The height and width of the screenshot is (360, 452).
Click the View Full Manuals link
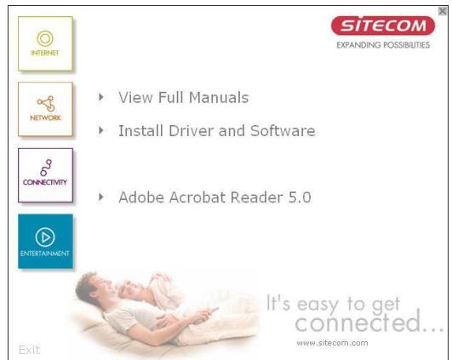184,97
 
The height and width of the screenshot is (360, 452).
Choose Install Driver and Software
217,131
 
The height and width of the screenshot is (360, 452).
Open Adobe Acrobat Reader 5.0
215,197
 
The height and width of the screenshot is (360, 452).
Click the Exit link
28,349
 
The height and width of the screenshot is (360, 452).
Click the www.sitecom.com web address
331,342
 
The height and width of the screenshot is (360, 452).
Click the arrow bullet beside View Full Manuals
103,97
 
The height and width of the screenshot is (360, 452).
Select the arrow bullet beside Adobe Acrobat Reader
103,197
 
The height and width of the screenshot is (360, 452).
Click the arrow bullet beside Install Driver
103,131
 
